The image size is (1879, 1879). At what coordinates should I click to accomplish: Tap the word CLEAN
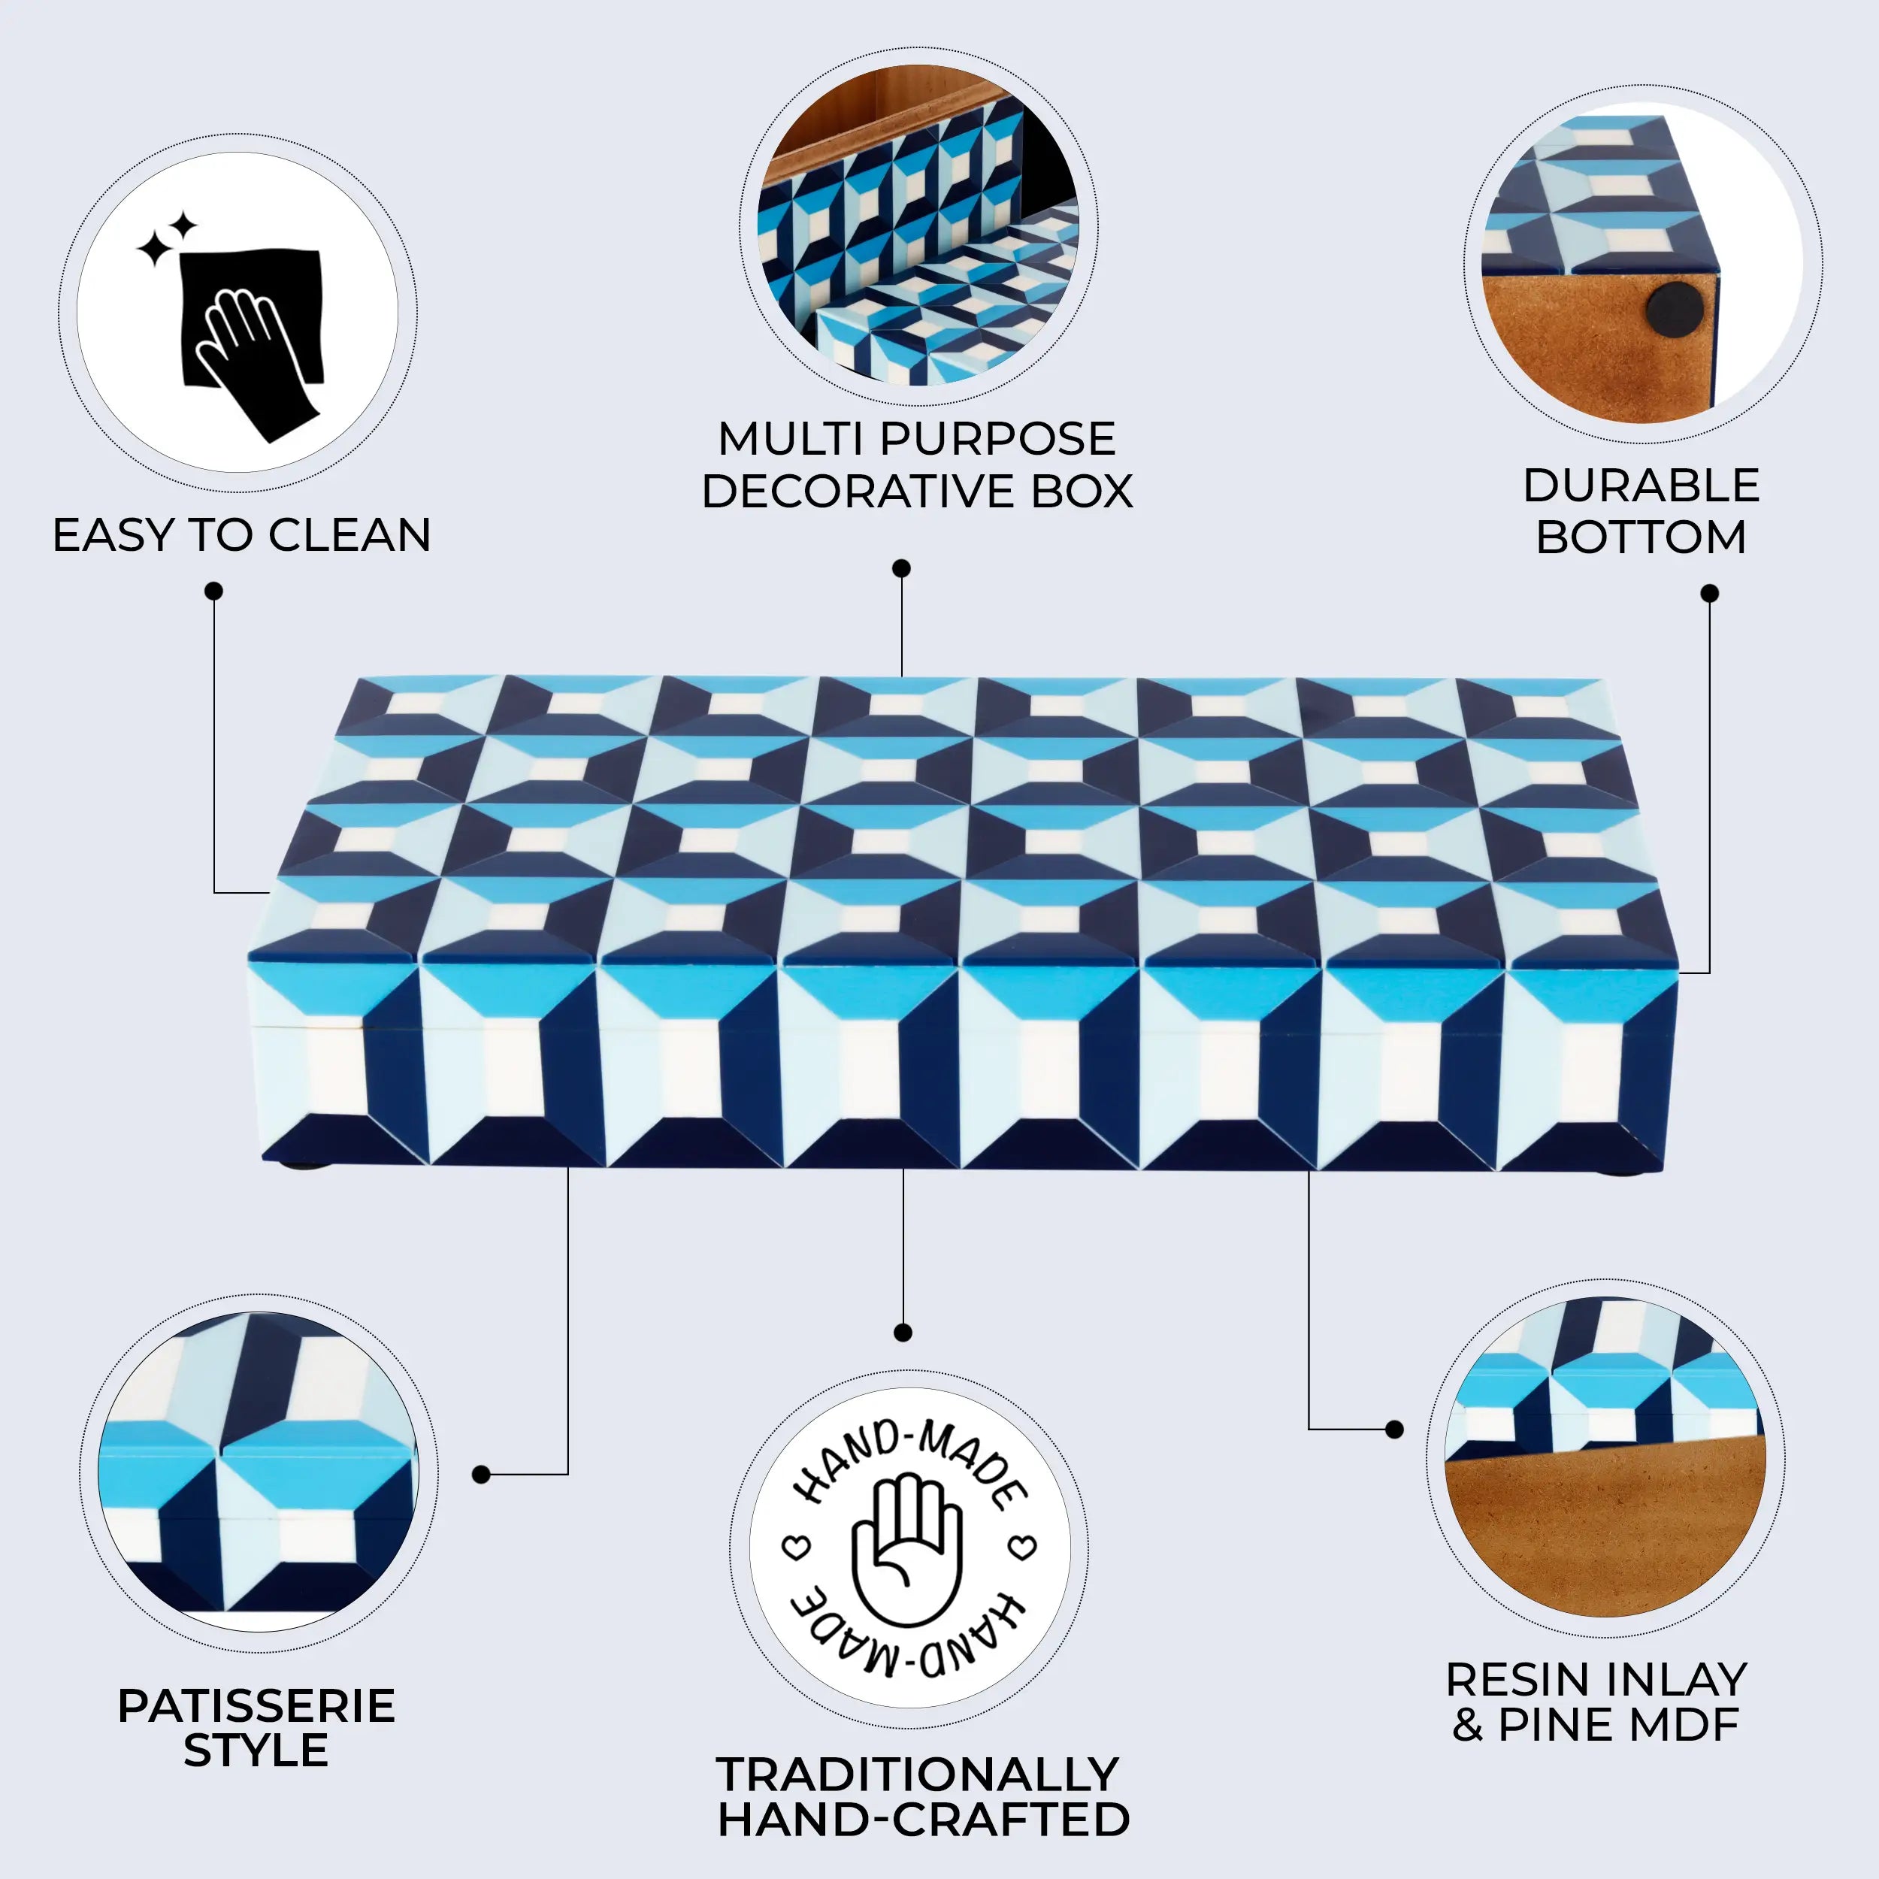click(x=349, y=536)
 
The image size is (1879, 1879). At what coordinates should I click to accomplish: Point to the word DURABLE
click(x=1641, y=486)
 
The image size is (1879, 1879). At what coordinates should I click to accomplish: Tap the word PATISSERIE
click(x=257, y=1706)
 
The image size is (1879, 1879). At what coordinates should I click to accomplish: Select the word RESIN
click(x=1517, y=1680)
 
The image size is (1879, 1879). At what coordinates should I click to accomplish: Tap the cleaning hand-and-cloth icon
click(x=252, y=331)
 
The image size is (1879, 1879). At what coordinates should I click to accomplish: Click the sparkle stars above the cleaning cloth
click(x=166, y=239)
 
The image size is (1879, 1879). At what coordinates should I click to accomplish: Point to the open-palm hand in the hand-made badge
click(x=907, y=1551)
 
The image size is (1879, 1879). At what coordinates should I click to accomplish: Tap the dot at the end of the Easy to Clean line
click(x=214, y=592)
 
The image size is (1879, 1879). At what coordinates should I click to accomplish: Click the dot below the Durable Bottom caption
click(x=1710, y=593)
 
